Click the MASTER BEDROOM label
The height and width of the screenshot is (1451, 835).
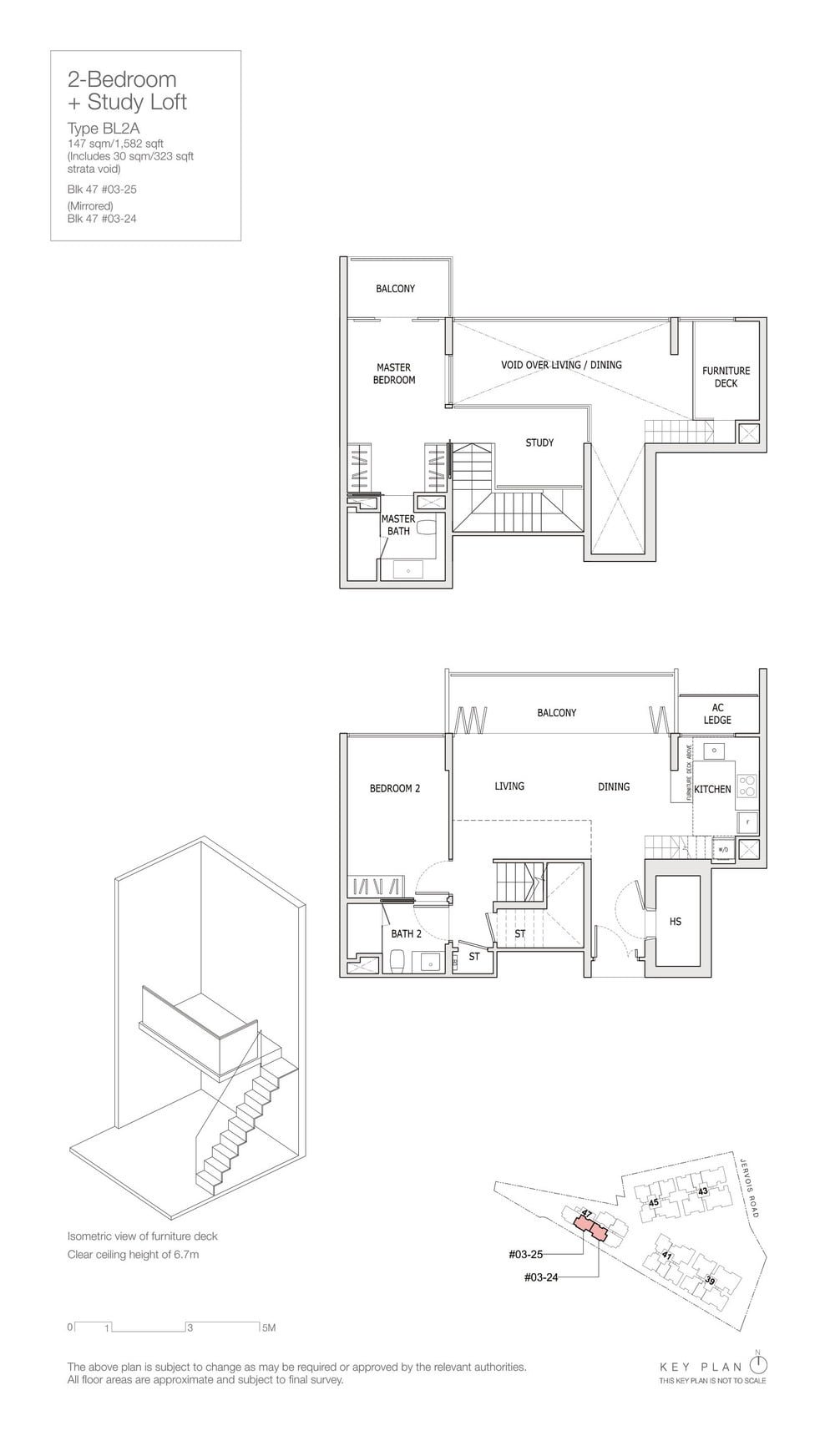[x=394, y=373]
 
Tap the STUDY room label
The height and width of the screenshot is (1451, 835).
[x=539, y=442]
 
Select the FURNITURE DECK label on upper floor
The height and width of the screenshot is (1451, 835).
[x=726, y=377]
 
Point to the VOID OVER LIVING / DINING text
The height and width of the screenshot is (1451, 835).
[x=561, y=365]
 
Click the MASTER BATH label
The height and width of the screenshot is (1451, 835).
[x=398, y=524]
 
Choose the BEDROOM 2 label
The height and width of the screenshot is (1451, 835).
[x=395, y=788]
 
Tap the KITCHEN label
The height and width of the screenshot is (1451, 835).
[x=712, y=789]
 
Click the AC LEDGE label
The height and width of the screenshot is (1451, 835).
[x=717, y=713]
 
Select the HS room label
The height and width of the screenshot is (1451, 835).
[x=676, y=922]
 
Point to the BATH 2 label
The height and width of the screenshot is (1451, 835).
[x=406, y=933]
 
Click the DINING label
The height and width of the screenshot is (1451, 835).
[x=614, y=786]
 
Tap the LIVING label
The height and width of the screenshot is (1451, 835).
[x=509, y=786]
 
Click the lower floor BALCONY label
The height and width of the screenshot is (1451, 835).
[x=557, y=713]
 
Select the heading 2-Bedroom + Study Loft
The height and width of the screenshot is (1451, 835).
[x=127, y=91]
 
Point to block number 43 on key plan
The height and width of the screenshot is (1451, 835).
[x=703, y=1191]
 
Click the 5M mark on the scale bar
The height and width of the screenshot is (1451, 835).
[x=268, y=1327]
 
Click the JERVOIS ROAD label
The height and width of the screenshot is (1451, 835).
[x=749, y=1186]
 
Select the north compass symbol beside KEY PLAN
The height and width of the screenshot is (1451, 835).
[x=758, y=1364]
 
